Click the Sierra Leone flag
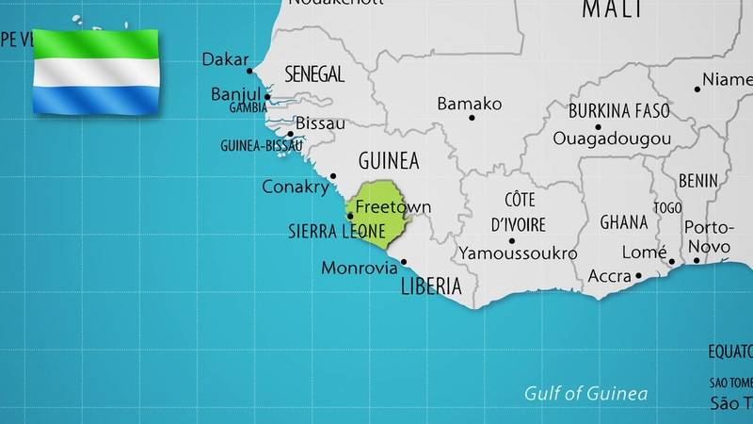[97, 73]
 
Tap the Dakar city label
[226, 60]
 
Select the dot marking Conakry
[332, 176]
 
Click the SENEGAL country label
[314, 73]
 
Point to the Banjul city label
[234, 94]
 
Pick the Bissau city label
[320, 123]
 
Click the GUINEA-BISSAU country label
[261, 146]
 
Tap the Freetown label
[393, 206]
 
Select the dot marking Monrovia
[404, 262]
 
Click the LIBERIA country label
[431, 285]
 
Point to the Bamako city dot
[472, 118]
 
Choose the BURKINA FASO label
[619, 111]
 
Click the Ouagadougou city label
[612, 139]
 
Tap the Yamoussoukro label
[518, 253]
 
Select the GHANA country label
[624, 222]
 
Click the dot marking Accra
[638, 276]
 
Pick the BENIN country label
[697, 180]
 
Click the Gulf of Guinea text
[586, 393]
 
